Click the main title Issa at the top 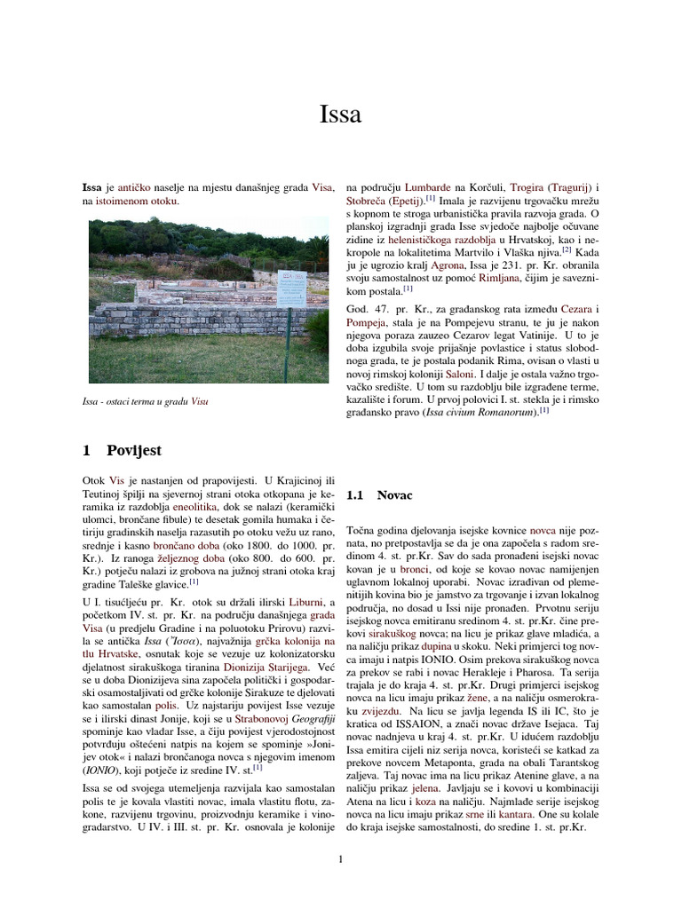(341, 115)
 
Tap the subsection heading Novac (394, 494)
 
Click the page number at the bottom (341, 858)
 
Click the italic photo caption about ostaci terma (150, 401)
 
